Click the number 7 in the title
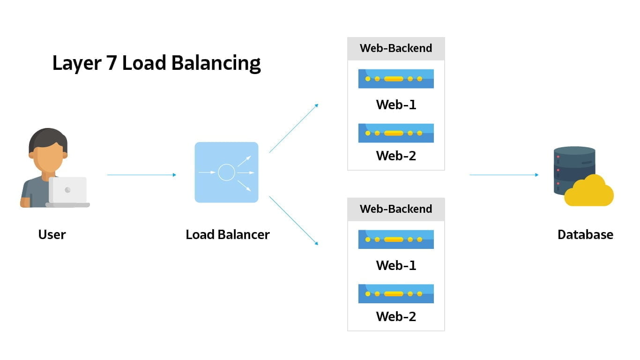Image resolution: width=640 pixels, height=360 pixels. tap(111, 63)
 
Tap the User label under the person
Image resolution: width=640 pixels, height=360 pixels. tap(52, 234)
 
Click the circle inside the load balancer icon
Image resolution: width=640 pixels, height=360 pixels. tap(226, 172)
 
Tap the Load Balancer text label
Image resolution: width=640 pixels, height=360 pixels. tap(228, 234)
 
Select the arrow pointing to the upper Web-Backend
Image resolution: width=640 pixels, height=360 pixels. tap(294, 128)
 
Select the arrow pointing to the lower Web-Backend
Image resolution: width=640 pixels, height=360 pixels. tap(294, 220)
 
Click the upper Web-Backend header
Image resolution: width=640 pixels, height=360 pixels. tap(396, 48)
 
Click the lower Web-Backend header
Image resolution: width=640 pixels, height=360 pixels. tap(396, 209)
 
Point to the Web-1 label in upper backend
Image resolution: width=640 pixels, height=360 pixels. tap(396, 105)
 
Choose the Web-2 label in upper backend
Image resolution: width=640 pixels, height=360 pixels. tap(396, 156)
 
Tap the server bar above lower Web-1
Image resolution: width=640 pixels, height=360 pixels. tap(396, 240)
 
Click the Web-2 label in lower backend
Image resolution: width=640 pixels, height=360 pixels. tap(396, 316)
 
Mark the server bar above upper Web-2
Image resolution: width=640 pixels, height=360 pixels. tap(396, 133)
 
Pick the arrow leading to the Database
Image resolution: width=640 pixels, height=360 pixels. tap(504, 175)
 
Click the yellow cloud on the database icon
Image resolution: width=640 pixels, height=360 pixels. tap(589, 192)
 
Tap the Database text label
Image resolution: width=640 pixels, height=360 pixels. tap(585, 234)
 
